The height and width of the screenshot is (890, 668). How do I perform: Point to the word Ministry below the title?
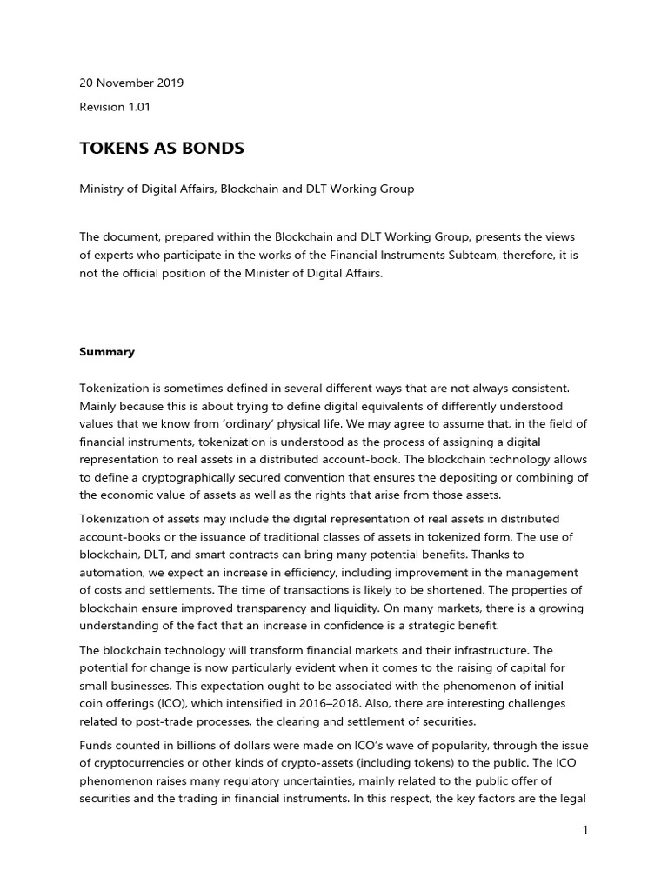102,189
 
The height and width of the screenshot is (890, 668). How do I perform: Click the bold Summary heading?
107,352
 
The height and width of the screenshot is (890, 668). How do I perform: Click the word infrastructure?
472,649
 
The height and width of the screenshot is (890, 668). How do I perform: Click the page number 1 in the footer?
585,830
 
